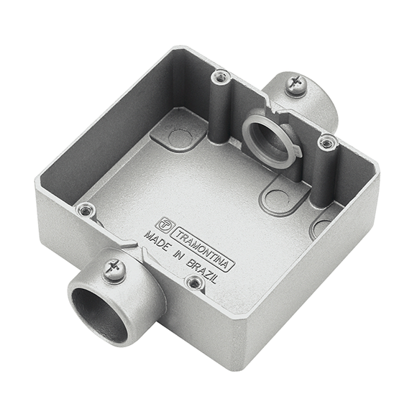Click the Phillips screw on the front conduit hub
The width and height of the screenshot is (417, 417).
tap(114, 270)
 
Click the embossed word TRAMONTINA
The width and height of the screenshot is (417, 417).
tap(203, 249)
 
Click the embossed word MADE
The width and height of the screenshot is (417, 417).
tap(157, 242)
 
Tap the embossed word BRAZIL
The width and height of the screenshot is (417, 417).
tap(202, 271)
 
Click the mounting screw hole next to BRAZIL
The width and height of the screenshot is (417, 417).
tap(195, 283)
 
